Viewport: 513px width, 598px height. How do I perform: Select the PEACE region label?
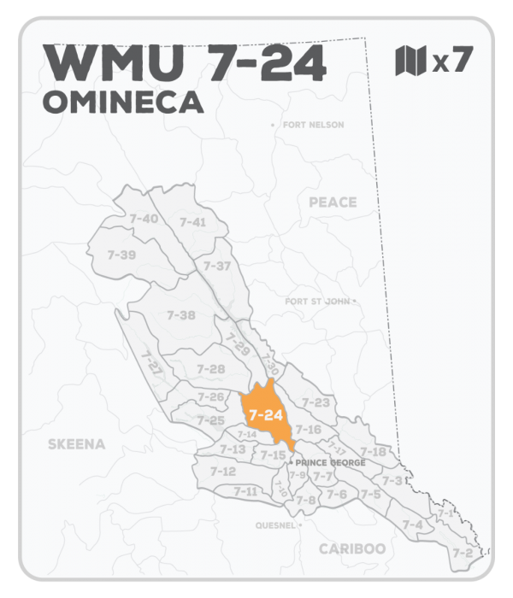(x=333, y=202)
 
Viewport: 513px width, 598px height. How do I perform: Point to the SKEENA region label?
(x=76, y=444)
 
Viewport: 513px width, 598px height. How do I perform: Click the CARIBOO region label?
(x=352, y=548)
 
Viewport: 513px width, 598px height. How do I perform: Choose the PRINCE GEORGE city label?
(x=330, y=462)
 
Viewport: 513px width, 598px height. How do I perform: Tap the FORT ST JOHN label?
(x=318, y=302)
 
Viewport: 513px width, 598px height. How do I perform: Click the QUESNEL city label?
(x=274, y=525)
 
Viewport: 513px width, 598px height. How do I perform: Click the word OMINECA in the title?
(x=123, y=103)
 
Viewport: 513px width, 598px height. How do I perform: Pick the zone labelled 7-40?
(x=143, y=219)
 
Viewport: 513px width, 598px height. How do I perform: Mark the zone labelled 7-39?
(x=122, y=255)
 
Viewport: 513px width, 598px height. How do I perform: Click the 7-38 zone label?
(x=181, y=315)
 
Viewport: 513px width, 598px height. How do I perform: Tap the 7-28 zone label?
(x=210, y=369)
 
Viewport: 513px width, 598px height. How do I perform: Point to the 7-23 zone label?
(x=315, y=402)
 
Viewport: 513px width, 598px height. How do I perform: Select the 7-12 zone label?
(x=222, y=471)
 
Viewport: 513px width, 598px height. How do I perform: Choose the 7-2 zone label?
(x=463, y=553)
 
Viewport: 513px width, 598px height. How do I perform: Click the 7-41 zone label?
(x=192, y=222)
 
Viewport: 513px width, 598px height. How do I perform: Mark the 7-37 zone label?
(x=217, y=266)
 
